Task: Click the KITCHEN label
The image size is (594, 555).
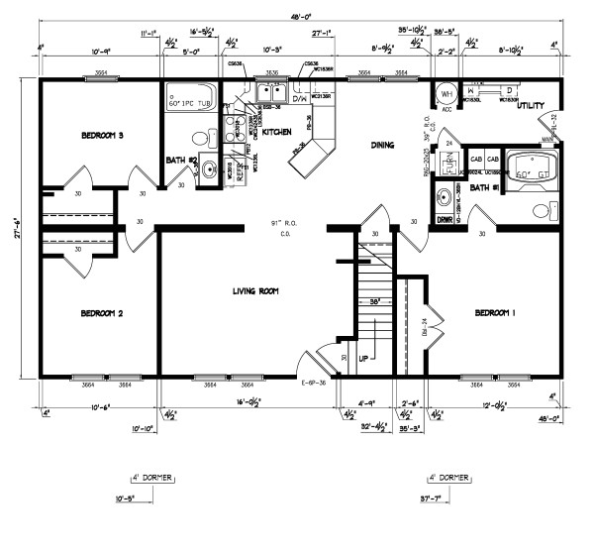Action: [276, 131]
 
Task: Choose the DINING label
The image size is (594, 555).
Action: [382, 145]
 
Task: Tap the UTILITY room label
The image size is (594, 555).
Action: [532, 104]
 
